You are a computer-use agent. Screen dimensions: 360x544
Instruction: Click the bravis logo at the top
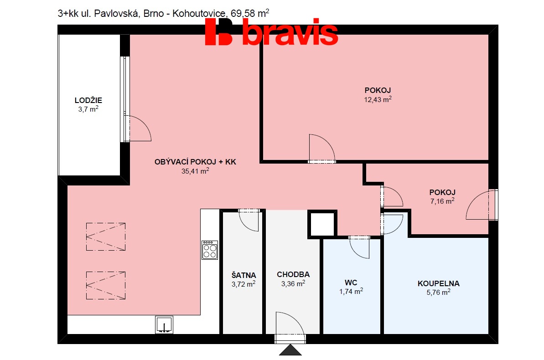(x=271, y=32)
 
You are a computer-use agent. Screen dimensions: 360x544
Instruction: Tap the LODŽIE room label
(x=88, y=100)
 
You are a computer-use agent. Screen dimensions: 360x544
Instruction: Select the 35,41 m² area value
(x=195, y=171)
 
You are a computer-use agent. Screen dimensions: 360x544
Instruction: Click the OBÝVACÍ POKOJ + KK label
(x=195, y=162)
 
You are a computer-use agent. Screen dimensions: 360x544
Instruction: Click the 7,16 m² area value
(x=441, y=201)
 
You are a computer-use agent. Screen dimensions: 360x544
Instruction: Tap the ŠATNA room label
(x=244, y=275)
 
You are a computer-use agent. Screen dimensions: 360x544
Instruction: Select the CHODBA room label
(x=293, y=274)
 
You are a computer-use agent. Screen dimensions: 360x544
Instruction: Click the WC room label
(x=351, y=283)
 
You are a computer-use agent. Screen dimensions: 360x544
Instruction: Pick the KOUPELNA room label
(x=438, y=283)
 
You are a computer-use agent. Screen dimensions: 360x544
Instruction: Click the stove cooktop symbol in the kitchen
(x=210, y=250)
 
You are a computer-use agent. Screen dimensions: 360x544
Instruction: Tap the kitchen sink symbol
(x=164, y=324)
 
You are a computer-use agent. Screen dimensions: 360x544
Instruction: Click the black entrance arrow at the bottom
(x=290, y=350)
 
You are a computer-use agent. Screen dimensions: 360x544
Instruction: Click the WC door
(x=359, y=247)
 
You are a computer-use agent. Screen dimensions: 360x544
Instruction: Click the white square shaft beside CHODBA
(x=322, y=224)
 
